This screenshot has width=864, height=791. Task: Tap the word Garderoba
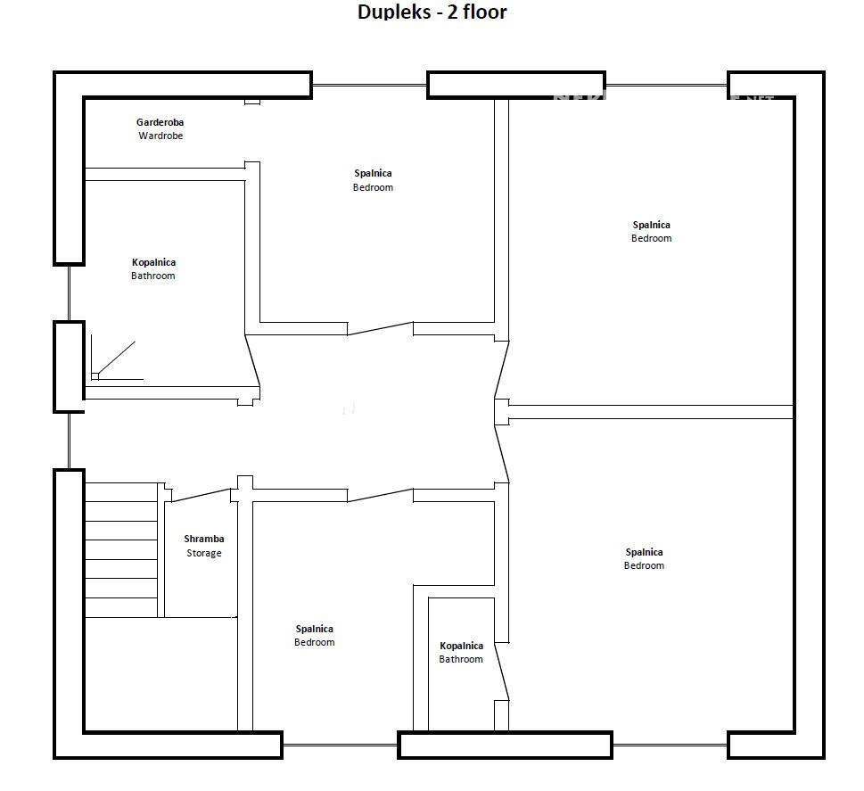160,122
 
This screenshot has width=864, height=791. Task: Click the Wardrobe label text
160,136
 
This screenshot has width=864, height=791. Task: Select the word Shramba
204,539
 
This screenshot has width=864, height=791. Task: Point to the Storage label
204,553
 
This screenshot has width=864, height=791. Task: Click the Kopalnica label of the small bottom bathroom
461,646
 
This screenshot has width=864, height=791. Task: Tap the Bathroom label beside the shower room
153,276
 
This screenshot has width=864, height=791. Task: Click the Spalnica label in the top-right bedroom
652,225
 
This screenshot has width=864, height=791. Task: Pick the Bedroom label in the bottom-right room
644,566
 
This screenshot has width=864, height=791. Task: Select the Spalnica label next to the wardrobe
373,173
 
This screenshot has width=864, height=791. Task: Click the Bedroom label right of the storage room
315,643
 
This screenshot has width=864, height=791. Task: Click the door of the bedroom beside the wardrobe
380,329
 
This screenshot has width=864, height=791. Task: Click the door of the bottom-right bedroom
502,452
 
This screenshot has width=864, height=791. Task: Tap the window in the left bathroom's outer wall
69,293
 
